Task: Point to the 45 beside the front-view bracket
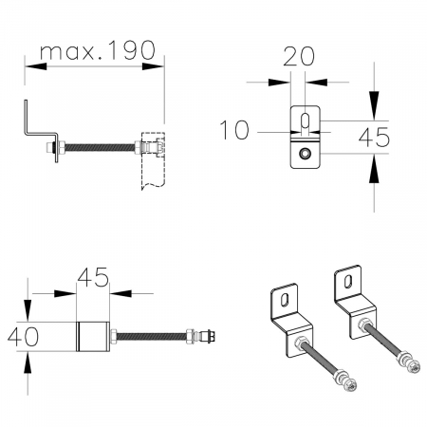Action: [x=372, y=137]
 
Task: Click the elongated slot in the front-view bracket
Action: [x=304, y=122]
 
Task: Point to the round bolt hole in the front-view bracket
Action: [x=304, y=152]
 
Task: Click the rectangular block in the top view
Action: [x=93, y=337]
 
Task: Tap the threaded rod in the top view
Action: [x=152, y=336]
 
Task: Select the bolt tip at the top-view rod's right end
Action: [x=219, y=336]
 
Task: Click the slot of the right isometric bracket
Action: [x=349, y=281]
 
